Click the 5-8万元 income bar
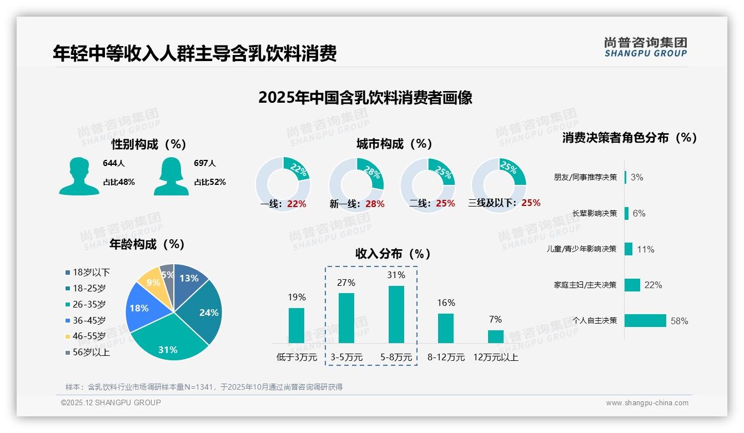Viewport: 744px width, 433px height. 396,314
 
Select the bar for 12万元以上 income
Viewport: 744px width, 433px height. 495,336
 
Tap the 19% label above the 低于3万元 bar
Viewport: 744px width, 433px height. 296,297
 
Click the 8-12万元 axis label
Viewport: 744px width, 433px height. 446,357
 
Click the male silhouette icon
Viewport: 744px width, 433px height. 79,176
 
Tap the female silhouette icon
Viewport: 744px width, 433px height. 171,176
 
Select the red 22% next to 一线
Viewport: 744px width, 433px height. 296,204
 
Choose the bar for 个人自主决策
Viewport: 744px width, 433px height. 645,320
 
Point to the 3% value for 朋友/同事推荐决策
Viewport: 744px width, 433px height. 637,177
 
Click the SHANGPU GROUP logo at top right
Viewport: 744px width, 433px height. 645,47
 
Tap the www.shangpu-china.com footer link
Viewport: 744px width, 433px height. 647,402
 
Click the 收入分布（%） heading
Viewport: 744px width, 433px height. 393,254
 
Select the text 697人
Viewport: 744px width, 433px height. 205,163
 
